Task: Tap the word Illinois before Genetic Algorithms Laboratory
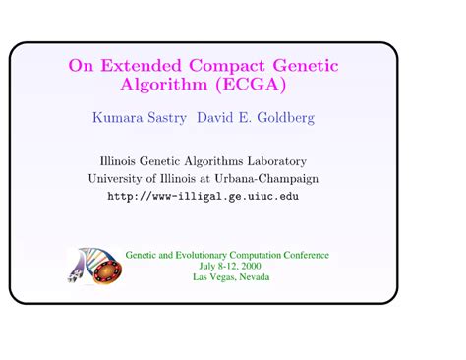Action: point(123,161)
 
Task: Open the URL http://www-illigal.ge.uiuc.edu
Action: point(203,196)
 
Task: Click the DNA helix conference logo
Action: point(94,265)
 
